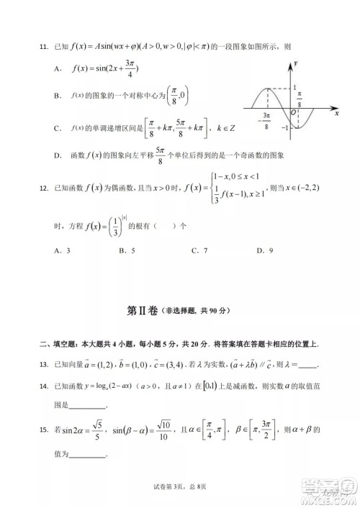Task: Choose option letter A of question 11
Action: (57, 68)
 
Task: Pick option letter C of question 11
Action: (57, 128)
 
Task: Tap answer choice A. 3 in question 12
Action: (63, 250)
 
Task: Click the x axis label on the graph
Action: (337, 113)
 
